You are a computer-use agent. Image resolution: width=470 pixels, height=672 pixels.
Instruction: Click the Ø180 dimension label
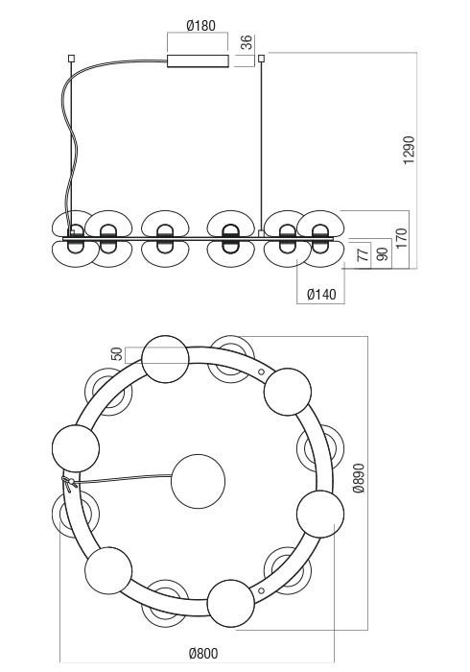(x=200, y=26)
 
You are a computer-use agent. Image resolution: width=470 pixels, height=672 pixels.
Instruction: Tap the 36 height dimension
(x=247, y=42)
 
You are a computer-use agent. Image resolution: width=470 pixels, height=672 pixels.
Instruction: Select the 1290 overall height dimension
(x=409, y=150)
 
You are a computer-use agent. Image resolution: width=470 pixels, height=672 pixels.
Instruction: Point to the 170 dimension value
(x=402, y=238)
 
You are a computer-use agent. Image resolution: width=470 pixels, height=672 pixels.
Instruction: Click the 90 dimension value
(x=384, y=253)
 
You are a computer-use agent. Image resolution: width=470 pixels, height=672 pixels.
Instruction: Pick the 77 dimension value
(x=363, y=253)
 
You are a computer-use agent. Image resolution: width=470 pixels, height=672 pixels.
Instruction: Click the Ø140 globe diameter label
(x=321, y=295)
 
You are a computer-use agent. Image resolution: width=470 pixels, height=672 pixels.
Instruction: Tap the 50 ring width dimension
(x=116, y=354)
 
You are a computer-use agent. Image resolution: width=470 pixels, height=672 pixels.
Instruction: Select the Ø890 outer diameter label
(x=359, y=478)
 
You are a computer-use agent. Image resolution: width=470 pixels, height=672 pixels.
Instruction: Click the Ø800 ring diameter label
(x=203, y=653)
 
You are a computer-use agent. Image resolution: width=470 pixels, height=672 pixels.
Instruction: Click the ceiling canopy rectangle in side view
(x=198, y=61)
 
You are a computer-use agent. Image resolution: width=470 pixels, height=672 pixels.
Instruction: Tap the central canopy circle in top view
(x=199, y=481)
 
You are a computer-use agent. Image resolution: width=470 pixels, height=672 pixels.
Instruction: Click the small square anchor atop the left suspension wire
(x=72, y=58)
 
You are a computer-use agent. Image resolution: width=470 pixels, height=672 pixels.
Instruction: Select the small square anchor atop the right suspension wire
(x=262, y=59)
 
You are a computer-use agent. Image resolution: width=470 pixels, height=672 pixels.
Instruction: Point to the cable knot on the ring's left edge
(x=68, y=483)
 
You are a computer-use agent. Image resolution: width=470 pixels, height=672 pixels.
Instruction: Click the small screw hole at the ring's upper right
(x=261, y=372)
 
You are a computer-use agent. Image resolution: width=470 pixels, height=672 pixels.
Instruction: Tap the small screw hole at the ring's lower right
(x=261, y=591)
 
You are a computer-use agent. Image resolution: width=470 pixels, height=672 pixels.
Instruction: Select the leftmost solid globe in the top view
(x=76, y=448)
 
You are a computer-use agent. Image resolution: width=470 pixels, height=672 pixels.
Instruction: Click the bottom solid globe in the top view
(x=231, y=604)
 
